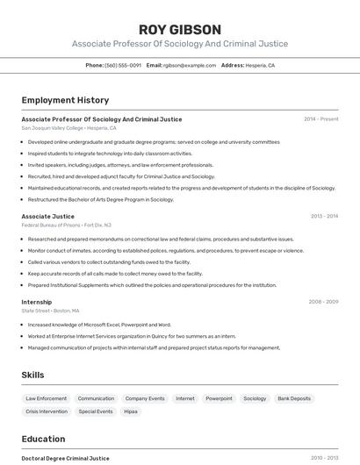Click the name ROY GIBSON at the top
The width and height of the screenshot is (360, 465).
click(179, 29)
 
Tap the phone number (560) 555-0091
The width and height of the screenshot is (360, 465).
click(123, 65)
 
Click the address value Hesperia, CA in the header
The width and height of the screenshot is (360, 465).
click(260, 65)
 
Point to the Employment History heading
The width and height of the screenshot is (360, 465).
click(65, 100)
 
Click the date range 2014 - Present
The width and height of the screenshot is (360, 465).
click(320, 119)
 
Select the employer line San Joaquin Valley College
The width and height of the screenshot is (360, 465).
click(68, 128)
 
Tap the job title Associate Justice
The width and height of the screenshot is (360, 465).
click(47, 216)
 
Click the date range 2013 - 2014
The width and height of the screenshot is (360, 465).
click(324, 216)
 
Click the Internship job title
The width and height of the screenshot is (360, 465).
click(37, 302)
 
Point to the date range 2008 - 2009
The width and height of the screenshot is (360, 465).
click(323, 302)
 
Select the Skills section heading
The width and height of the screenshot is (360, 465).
click(32, 376)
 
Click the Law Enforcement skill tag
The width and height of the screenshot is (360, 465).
click(46, 398)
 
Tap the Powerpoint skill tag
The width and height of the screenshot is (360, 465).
click(219, 398)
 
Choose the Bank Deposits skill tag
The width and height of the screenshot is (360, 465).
click(294, 398)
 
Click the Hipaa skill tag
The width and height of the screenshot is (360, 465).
click(130, 411)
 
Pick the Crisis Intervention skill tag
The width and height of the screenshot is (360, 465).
click(47, 411)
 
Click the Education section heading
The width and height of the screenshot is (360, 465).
click(43, 439)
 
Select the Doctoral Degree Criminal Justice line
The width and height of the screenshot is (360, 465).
click(65, 458)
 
